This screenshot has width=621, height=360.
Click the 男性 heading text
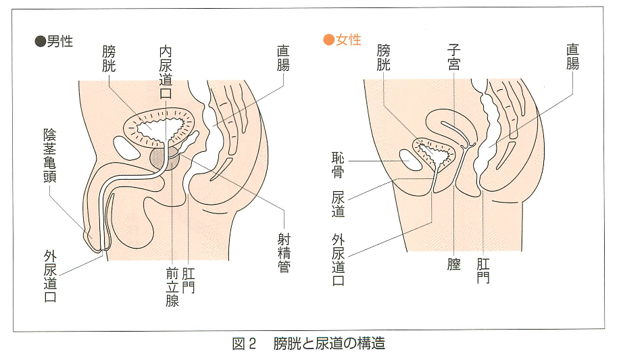point(60,41)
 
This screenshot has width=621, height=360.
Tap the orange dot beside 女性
point(328,40)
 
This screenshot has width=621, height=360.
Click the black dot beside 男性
point(41,41)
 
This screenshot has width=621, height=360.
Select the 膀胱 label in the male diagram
point(109,59)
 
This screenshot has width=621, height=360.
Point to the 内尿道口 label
point(166,72)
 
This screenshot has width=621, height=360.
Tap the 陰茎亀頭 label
point(50,155)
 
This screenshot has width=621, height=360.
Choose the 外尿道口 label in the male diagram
point(50,276)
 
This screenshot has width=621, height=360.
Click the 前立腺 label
point(172,287)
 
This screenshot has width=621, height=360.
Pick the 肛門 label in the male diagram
point(188,280)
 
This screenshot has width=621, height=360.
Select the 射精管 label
point(284,253)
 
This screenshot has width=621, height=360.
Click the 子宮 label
point(453,57)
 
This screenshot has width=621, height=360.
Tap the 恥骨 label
point(338,165)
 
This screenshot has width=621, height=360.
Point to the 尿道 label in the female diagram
point(338,204)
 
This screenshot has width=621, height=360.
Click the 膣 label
point(454,264)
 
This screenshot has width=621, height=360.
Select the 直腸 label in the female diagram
point(572,57)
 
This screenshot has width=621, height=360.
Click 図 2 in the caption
point(244,343)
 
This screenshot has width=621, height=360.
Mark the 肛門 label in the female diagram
point(483,271)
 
